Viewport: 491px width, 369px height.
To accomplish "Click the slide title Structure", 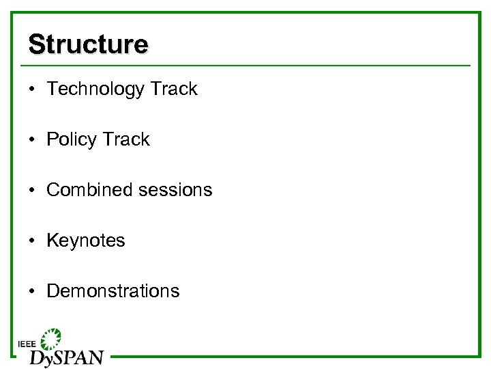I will tap(88, 44).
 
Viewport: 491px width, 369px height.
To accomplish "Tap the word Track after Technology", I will tap(173, 89).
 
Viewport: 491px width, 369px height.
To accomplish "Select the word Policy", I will tap(71, 140).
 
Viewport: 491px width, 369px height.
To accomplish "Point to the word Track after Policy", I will tap(125, 139).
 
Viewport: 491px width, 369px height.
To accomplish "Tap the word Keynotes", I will tap(86, 241).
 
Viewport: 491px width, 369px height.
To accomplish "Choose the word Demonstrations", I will tap(113, 291).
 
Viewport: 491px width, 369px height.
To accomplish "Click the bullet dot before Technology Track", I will tap(32, 90).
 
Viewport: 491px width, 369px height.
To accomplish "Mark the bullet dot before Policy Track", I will tap(32, 140).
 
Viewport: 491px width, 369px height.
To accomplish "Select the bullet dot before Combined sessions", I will tap(32, 191).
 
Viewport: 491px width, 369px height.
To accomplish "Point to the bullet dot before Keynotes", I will tap(32, 241).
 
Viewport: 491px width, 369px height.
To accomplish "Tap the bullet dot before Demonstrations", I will tap(32, 292).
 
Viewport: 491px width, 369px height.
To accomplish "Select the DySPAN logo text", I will tap(66, 357).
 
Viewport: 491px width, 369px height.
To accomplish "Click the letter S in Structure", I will tap(35, 44).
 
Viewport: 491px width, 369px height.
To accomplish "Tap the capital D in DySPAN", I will tap(37, 357).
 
